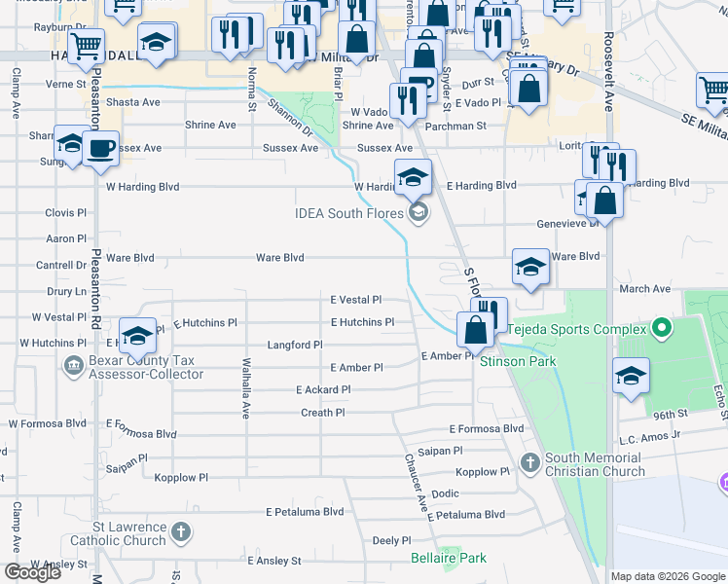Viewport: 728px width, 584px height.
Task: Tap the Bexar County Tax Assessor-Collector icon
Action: (73, 366)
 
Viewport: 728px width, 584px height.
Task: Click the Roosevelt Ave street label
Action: (608, 49)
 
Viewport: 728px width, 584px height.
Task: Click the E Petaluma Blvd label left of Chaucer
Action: (305, 511)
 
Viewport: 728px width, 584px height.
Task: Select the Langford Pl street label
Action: (294, 345)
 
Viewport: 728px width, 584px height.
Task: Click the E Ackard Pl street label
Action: (323, 389)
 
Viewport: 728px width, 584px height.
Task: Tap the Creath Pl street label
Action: (322, 413)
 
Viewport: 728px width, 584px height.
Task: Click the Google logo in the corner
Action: (32, 572)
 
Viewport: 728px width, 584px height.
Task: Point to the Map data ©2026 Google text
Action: (667, 576)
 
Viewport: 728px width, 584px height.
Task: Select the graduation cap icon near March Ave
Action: (529, 268)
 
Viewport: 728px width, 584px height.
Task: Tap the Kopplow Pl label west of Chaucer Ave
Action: (182, 478)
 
